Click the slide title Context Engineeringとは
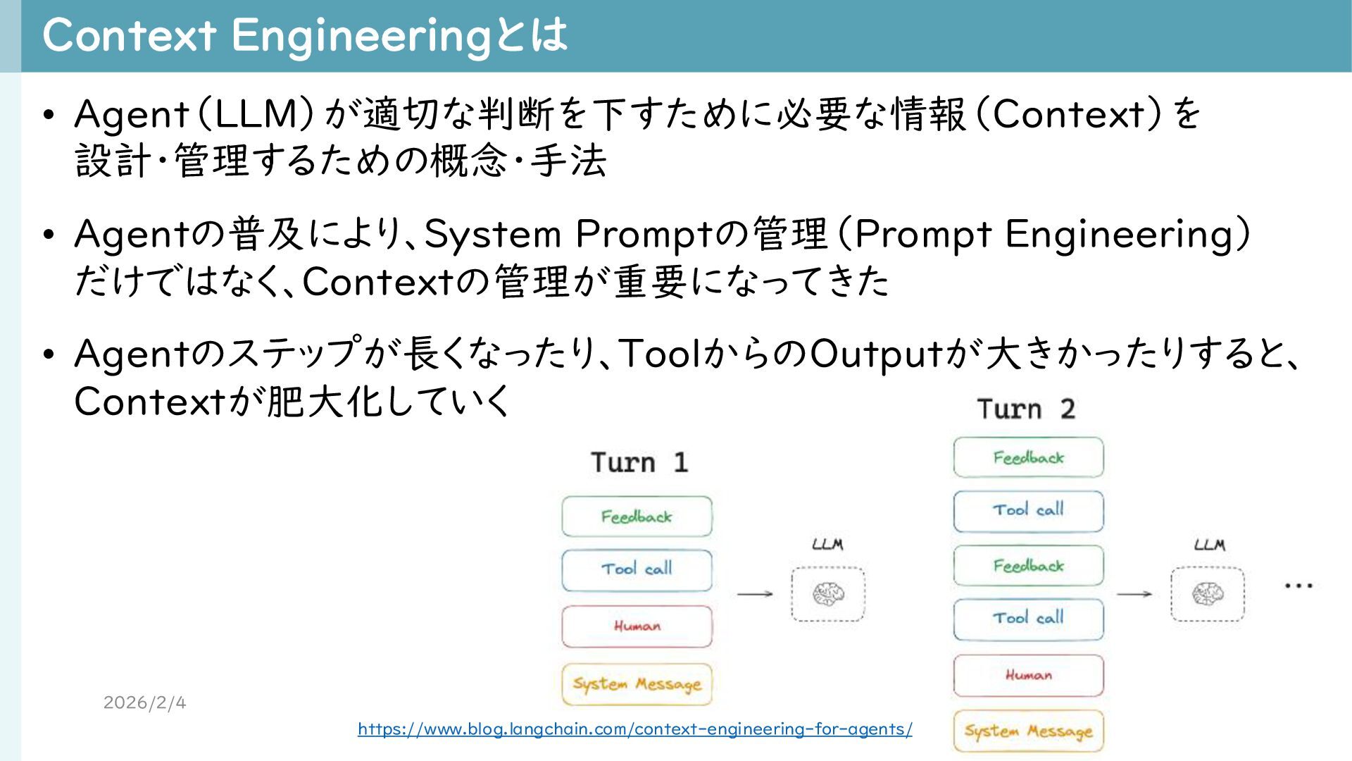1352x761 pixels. point(304,35)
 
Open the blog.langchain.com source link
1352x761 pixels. point(634,729)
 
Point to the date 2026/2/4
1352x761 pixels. point(144,703)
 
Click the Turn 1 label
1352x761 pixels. point(639,463)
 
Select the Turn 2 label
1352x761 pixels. point(1025,409)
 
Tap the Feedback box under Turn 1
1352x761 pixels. point(637,516)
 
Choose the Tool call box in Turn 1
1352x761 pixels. point(637,569)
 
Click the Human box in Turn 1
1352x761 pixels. point(637,626)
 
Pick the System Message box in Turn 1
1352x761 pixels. point(637,683)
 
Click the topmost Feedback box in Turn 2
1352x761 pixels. point(1028,457)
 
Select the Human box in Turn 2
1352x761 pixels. point(1028,675)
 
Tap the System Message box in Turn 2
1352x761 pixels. point(1028,731)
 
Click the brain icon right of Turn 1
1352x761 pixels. point(828,594)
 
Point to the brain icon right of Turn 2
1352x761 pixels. point(1208,594)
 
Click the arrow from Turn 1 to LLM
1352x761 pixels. point(754,594)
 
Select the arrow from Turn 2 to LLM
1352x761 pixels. point(1134,594)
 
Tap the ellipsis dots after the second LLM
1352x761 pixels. point(1298,586)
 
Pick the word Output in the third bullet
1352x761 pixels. point(877,354)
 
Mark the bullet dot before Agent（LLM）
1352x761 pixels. point(48,115)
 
